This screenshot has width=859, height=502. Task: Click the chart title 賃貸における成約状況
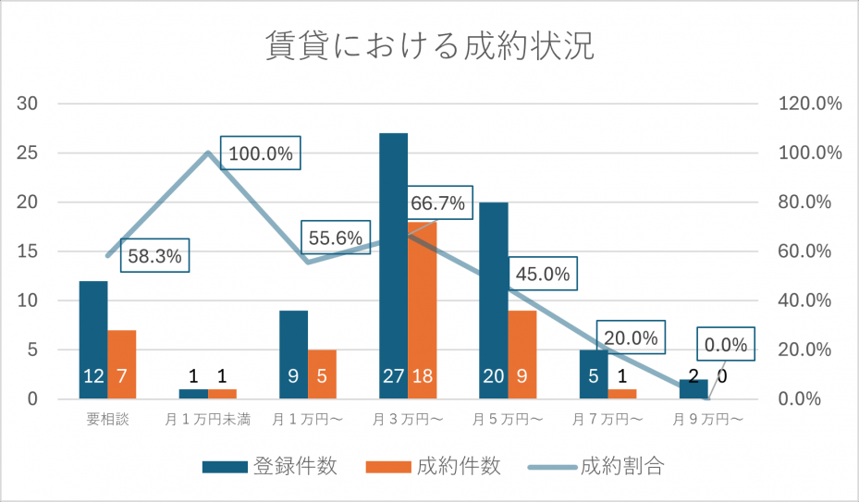click(x=430, y=45)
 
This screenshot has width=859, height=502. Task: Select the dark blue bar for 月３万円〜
click(x=393, y=266)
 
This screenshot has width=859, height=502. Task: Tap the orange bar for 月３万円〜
click(x=423, y=311)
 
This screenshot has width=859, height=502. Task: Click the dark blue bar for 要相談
click(x=93, y=340)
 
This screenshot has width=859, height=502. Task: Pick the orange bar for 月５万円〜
click(x=522, y=355)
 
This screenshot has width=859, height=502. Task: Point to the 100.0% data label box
click(x=260, y=153)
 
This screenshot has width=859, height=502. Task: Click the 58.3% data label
click(x=154, y=255)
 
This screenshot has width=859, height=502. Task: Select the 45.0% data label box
click(x=543, y=274)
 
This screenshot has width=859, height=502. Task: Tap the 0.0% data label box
click(x=725, y=344)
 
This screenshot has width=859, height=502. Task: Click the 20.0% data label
click(x=631, y=337)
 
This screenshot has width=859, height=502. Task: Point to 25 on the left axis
click(x=28, y=153)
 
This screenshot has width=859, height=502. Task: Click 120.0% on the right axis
click(x=810, y=103)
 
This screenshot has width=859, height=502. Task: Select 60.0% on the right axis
click(x=804, y=251)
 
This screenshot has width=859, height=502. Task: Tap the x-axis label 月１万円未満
click(x=208, y=420)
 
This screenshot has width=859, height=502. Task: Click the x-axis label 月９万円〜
click(x=707, y=420)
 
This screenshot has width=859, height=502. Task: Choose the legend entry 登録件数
click(x=269, y=466)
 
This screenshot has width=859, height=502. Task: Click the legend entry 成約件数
click(x=434, y=466)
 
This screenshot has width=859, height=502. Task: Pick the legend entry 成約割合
click(x=596, y=466)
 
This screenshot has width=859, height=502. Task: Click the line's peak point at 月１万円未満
click(x=208, y=153)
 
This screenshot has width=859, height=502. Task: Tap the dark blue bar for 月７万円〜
click(x=594, y=374)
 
